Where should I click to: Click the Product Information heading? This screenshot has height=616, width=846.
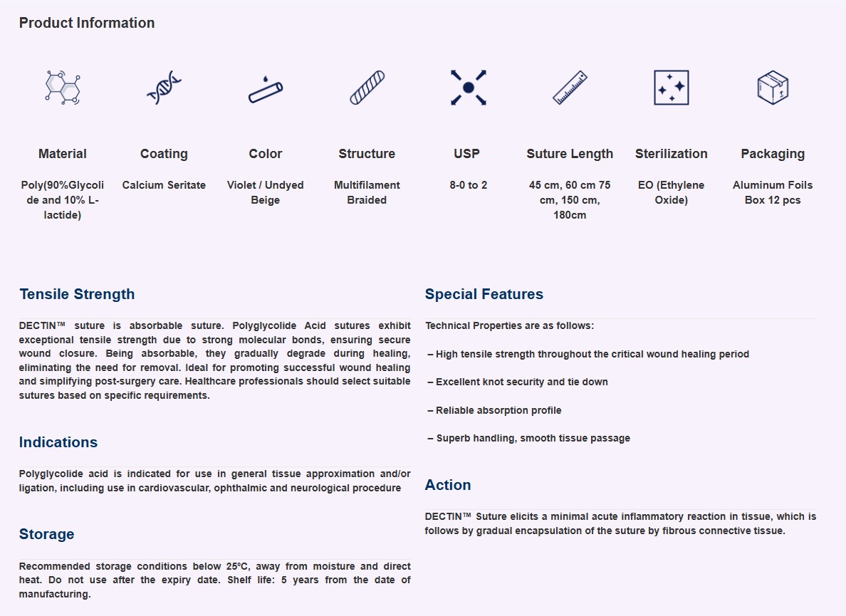[86, 23]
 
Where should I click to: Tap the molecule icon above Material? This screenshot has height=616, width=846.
[63, 88]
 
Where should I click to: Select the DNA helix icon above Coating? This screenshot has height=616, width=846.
[164, 88]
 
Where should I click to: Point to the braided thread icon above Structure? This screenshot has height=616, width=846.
[367, 88]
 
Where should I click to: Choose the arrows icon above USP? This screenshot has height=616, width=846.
[468, 88]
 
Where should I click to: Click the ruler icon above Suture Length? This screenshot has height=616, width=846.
[570, 88]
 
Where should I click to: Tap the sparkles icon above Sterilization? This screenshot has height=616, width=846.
[671, 88]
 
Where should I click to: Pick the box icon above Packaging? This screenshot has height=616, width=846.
[773, 88]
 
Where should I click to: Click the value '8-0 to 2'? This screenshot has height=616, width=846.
[468, 185]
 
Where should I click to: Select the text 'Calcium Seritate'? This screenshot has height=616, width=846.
[164, 185]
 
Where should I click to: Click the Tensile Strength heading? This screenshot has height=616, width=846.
[77, 294]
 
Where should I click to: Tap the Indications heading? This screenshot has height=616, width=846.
[58, 442]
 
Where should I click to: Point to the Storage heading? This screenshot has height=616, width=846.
[46, 534]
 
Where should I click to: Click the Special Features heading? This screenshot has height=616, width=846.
[484, 294]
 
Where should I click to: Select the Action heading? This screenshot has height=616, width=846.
[448, 485]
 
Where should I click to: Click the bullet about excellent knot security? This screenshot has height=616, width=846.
[518, 382]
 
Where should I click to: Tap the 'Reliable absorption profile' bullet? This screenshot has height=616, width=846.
[494, 410]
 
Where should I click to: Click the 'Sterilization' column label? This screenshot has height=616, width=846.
[671, 154]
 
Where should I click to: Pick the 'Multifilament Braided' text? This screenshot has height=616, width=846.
[367, 192]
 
